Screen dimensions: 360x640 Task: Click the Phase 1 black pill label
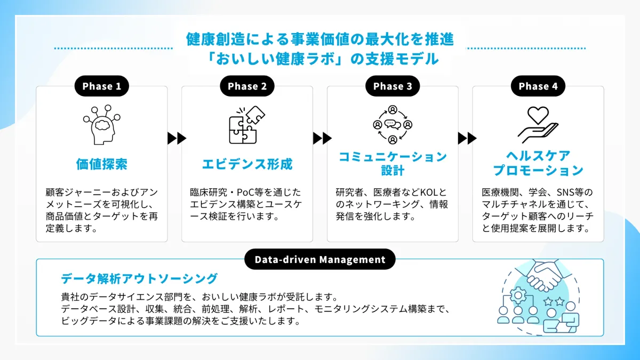pos(101,86)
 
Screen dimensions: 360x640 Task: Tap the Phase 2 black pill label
pos(247,86)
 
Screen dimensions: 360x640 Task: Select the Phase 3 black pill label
pos(393,86)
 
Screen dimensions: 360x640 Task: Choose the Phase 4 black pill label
pos(538,86)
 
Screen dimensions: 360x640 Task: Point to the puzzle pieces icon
pos(247,125)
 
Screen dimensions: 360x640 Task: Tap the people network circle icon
pos(393,125)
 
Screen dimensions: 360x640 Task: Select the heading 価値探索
pos(101,164)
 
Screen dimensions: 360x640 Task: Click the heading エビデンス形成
pos(247,164)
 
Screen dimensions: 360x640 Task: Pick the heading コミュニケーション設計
pos(393,163)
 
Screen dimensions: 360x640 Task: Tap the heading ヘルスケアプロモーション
pos(538,163)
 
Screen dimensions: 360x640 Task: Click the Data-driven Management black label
pos(320,260)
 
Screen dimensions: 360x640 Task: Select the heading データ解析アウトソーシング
pos(139,278)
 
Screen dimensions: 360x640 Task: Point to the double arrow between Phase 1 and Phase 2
pos(177,139)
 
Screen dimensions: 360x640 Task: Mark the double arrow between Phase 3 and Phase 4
pos(467,139)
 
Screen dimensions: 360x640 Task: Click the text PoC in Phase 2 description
pos(252,193)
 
